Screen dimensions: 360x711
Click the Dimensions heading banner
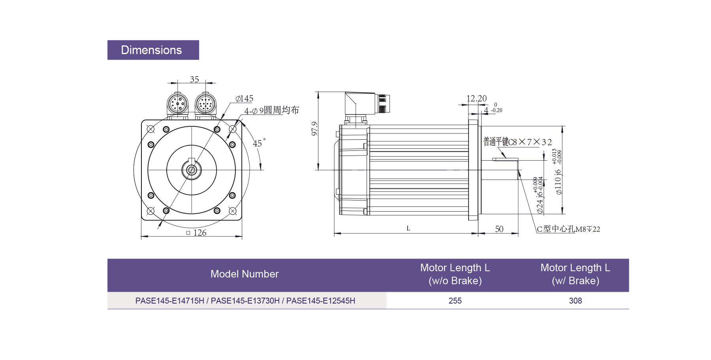153,50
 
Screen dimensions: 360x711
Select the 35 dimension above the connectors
194,79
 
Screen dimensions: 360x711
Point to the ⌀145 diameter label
245,99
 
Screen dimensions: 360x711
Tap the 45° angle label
258,143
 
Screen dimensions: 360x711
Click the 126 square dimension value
199,233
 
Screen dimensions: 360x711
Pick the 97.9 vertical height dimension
314,129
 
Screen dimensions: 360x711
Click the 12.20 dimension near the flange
476,98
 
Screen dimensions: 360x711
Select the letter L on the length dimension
408,229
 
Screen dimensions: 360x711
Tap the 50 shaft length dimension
499,229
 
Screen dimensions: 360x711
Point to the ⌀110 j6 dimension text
558,182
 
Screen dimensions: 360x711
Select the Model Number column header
245,274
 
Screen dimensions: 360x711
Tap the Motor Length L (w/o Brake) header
455,274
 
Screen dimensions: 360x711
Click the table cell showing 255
455,301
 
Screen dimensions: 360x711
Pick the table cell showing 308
576,301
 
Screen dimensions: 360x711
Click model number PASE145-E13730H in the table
245,301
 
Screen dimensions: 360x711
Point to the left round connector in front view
177,103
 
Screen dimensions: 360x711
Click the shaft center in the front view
192,170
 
